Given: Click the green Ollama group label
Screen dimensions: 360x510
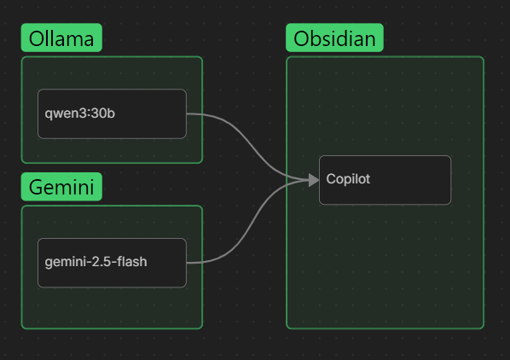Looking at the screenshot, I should pos(61,38).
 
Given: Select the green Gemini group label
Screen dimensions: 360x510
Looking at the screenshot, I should pos(61,187).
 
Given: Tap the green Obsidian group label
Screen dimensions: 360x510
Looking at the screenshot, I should pos(335,38).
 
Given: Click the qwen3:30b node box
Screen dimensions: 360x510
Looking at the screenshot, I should pos(112,113).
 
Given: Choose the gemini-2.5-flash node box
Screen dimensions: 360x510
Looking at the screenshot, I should pos(112,262).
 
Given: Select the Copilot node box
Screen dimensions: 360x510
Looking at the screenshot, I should pos(385,180).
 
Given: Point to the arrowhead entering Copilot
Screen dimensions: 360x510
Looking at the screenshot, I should pos(313,179).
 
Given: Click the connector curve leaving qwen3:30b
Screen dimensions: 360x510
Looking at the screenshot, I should pos(247,141).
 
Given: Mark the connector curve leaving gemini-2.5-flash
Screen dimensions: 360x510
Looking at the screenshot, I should pos(247,226).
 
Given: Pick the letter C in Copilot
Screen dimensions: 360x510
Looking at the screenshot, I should pos(331,179).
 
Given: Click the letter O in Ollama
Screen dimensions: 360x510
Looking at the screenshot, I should pos(36,38).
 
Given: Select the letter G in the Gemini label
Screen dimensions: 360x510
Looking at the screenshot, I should pos(36,187).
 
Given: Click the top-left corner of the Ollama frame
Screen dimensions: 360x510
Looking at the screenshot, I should pos(22,57).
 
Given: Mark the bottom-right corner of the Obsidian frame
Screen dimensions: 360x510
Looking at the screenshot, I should pos(483,328).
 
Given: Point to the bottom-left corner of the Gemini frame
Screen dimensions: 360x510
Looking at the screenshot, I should pos(22,328).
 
